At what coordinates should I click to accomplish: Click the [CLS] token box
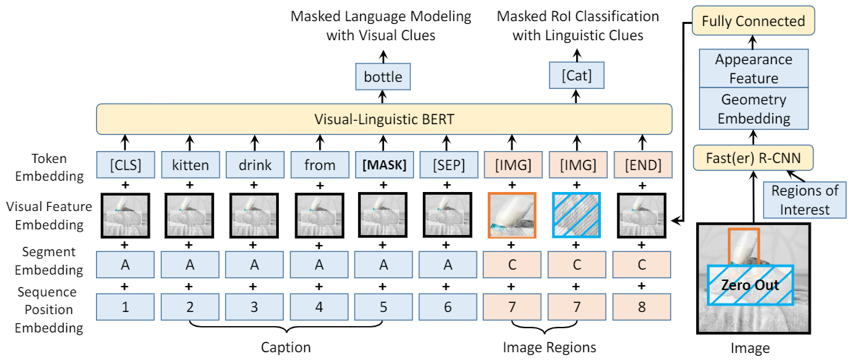[125, 167]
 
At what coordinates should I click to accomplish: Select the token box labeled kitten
[190, 167]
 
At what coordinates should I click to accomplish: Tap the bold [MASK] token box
[383, 167]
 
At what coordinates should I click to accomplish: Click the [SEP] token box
[448, 167]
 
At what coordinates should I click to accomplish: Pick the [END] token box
[642, 167]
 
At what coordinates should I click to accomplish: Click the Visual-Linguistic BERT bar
[383, 119]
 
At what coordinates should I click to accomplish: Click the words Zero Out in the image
[750, 285]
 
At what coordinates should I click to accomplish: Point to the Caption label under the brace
[285, 347]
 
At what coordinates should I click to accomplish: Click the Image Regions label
[549, 347]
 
